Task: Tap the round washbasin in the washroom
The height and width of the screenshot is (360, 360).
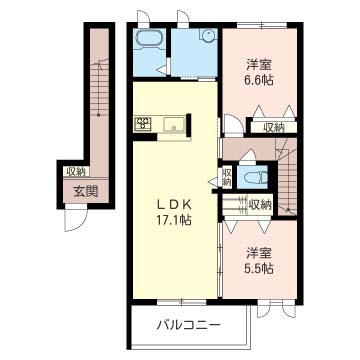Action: point(209,35)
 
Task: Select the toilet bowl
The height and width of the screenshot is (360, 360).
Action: point(256,177)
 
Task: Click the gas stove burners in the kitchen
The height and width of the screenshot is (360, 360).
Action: point(143,123)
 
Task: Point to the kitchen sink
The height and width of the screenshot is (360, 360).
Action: point(174,124)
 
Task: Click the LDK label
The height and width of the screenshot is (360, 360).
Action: point(174,204)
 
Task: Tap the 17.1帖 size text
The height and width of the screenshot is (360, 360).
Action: point(174,219)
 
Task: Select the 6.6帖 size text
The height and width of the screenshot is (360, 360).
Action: point(260,80)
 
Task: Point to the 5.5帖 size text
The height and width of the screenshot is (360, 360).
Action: point(260,268)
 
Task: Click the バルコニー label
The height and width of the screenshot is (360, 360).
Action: point(189,324)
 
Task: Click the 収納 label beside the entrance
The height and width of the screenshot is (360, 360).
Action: point(77,172)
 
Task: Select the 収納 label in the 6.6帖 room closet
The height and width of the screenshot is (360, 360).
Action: point(274,127)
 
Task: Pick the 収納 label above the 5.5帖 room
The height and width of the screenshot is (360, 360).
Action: point(261,205)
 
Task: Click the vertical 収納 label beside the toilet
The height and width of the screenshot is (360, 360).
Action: point(227,177)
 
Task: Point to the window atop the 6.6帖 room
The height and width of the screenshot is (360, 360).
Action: point(262,25)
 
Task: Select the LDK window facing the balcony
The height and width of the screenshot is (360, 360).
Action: point(181,302)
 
